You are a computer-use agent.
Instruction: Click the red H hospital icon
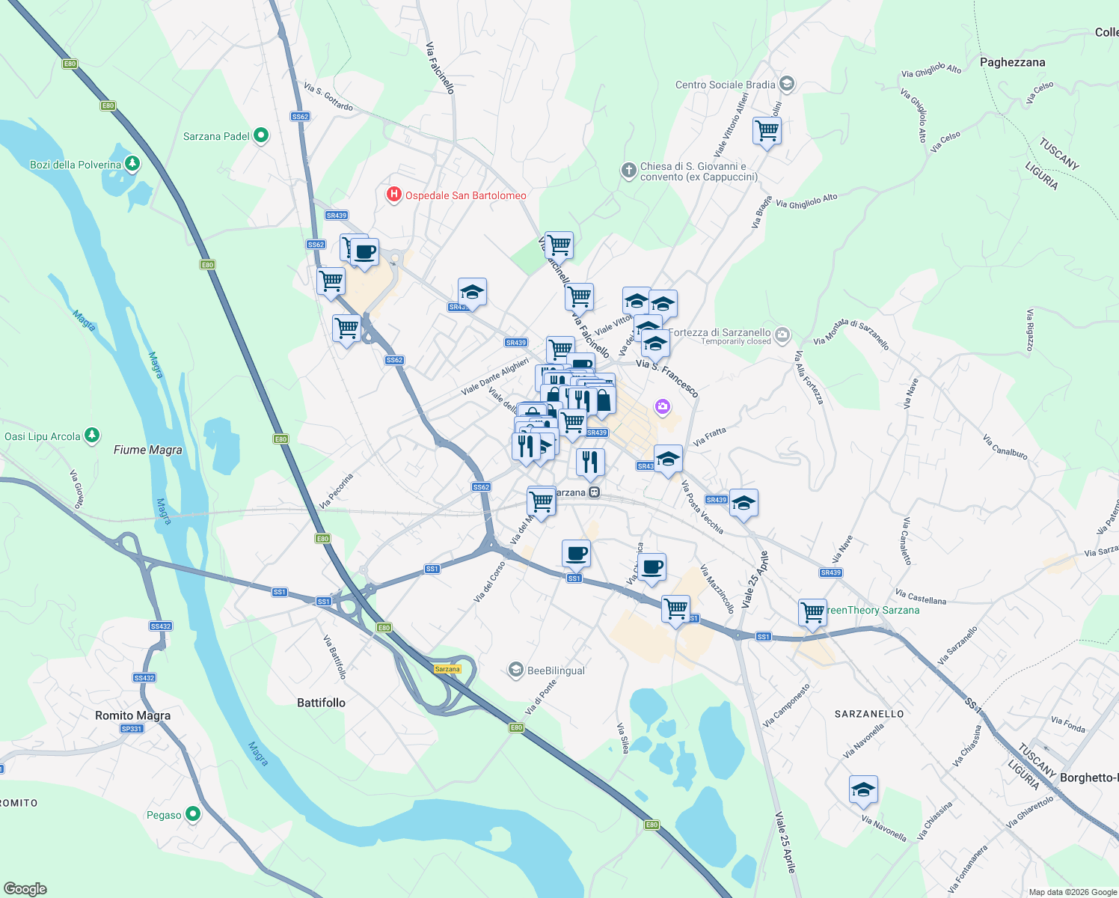click(x=393, y=195)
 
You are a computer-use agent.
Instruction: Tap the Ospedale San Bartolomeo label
click(x=465, y=195)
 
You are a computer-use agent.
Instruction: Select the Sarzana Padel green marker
click(x=261, y=135)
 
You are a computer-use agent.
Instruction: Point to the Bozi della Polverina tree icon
click(x=132, y=163)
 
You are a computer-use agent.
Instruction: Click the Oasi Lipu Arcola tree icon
click(x=92, y=435)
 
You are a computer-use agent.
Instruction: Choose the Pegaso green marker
click(x=193, y=813)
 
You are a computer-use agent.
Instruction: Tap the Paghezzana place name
click(x=1012, y=62)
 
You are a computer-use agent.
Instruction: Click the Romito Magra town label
click(x=132, y=715)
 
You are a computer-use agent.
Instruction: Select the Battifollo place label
click(x=321, y=703)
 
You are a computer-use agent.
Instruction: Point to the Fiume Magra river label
click(x=147, y=450)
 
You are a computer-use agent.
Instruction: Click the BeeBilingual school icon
click(x=515, y=670)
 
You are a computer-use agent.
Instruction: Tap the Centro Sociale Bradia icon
click(x=786, y=83)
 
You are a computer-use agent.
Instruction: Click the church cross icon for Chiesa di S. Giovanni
click(x=628, y=171)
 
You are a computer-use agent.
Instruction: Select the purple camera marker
click(x=662, y=407)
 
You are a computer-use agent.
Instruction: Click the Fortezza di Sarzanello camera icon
click(x=782, y=335)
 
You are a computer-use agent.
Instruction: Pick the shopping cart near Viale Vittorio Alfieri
click(x=767, y=131)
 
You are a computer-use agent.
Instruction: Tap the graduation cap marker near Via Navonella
click(x=863, y=790)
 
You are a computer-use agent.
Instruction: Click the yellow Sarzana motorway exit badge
click(x=447, y=669)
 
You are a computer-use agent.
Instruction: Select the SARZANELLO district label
click(x=868, y=714)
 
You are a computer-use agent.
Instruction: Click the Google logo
click(x=25, y=889)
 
